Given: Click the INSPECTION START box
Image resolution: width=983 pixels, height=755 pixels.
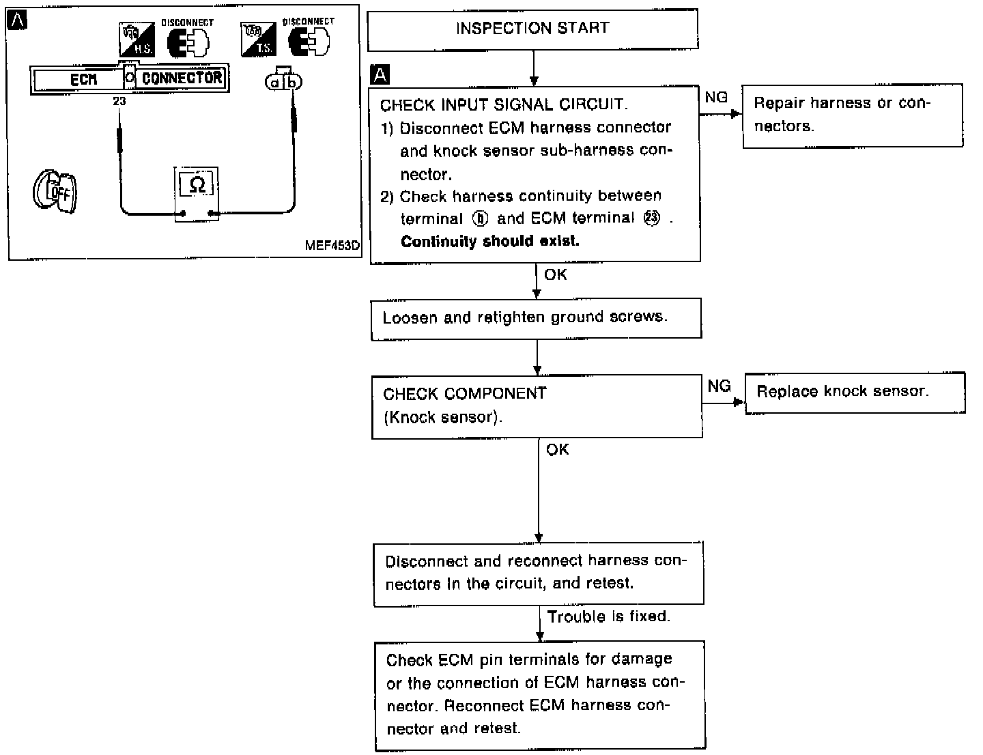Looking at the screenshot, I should pyautogui.click(x=532, y=29).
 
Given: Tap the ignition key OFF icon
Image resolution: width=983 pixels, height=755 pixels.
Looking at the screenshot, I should pyautogui.click(x=55, y=190).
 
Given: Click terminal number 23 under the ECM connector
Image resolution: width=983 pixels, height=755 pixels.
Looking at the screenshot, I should pyautogui.click(x=120, y=101).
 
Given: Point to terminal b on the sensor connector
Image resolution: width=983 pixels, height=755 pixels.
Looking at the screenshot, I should pyautogui.click(x=293, y=83).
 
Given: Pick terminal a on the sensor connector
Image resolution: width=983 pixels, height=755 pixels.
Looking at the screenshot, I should pyautogui.click(x=275, y=83).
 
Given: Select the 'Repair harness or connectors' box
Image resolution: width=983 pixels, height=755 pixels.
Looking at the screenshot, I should pyautogui.click(x=853, y=115).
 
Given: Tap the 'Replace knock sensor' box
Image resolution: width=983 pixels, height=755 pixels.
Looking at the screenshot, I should pyautogui.click(x=855, y=392).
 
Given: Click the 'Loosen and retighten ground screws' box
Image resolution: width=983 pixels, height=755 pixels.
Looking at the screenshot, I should pyautogui.click(x=536, y=318).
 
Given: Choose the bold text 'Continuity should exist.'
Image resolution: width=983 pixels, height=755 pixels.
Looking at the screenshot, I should pyautogui.click(x=489, y=242).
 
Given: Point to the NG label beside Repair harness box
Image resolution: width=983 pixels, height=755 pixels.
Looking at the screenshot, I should pyautogui.click(x=716, y=98).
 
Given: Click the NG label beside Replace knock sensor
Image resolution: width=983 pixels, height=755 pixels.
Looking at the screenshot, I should pyautogui.click(x=719, y=386).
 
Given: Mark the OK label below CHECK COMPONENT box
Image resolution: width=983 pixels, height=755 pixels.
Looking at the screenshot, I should pyautogui.click(x=557, y=450).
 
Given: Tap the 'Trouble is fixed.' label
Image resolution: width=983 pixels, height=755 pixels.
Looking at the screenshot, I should pyautogui.click(x=608, y=616).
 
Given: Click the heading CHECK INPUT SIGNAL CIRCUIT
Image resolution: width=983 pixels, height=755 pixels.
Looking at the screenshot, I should pyautogui.click(x=504, y=105).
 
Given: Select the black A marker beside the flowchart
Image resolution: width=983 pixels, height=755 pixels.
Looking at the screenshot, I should pyautogui.click(x=380, y=74).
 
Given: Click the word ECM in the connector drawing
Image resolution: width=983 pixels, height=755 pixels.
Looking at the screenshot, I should pyautogui.click(x=84, y=80).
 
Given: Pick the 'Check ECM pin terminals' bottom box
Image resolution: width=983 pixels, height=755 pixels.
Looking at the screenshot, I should pyautogui.click(x=540, y=695).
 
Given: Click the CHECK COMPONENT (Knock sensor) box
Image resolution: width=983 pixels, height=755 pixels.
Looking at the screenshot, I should pyautogui.click(x=537, y=405).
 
